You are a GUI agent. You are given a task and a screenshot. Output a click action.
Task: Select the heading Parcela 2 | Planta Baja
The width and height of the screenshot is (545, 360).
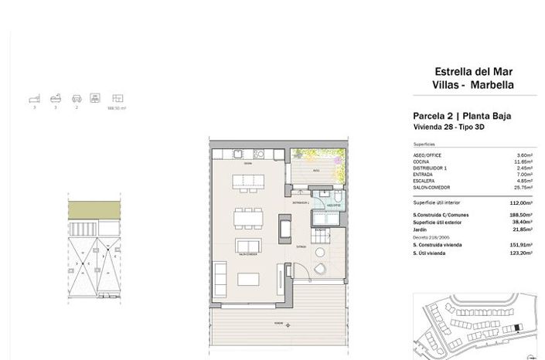[x=461, y=117]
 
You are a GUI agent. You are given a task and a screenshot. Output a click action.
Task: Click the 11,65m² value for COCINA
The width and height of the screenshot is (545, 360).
[x=527, y=161]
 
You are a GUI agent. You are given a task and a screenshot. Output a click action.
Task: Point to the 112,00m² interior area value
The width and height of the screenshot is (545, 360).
[x=525, y=202]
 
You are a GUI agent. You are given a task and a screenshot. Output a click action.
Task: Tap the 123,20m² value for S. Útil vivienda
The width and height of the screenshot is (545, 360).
[x=525, y=253]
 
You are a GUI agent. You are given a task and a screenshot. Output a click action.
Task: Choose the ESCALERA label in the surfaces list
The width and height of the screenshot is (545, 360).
[x=426, y=181]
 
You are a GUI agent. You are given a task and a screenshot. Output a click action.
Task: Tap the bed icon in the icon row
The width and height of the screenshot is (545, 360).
[x=33, y=100]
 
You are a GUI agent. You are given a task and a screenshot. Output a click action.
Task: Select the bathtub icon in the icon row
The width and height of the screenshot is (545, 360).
[x=54, y=100]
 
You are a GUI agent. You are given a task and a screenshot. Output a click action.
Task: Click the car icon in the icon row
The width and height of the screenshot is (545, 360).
[x=75, y=100]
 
